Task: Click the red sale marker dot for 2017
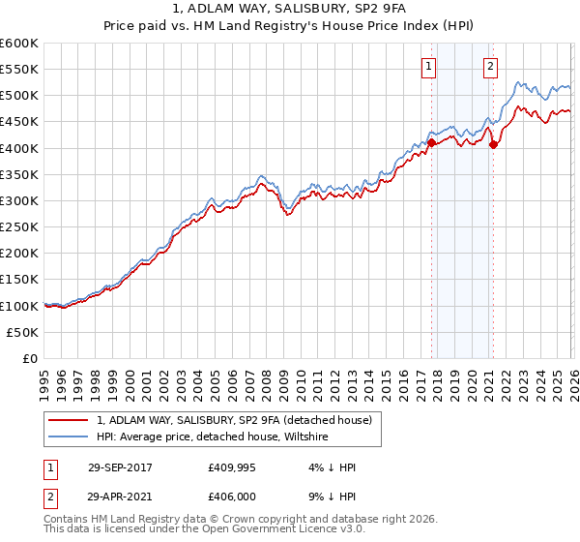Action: (x=430, y=142)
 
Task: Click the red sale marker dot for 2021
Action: (x=493, y=145)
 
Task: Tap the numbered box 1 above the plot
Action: (x=428, y=67)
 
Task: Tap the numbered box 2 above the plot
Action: (x=491, y=67)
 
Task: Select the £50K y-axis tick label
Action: (x=23, y=332)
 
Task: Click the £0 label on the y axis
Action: (x=31, y=358)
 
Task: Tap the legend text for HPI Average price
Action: (x=213, y=437)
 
